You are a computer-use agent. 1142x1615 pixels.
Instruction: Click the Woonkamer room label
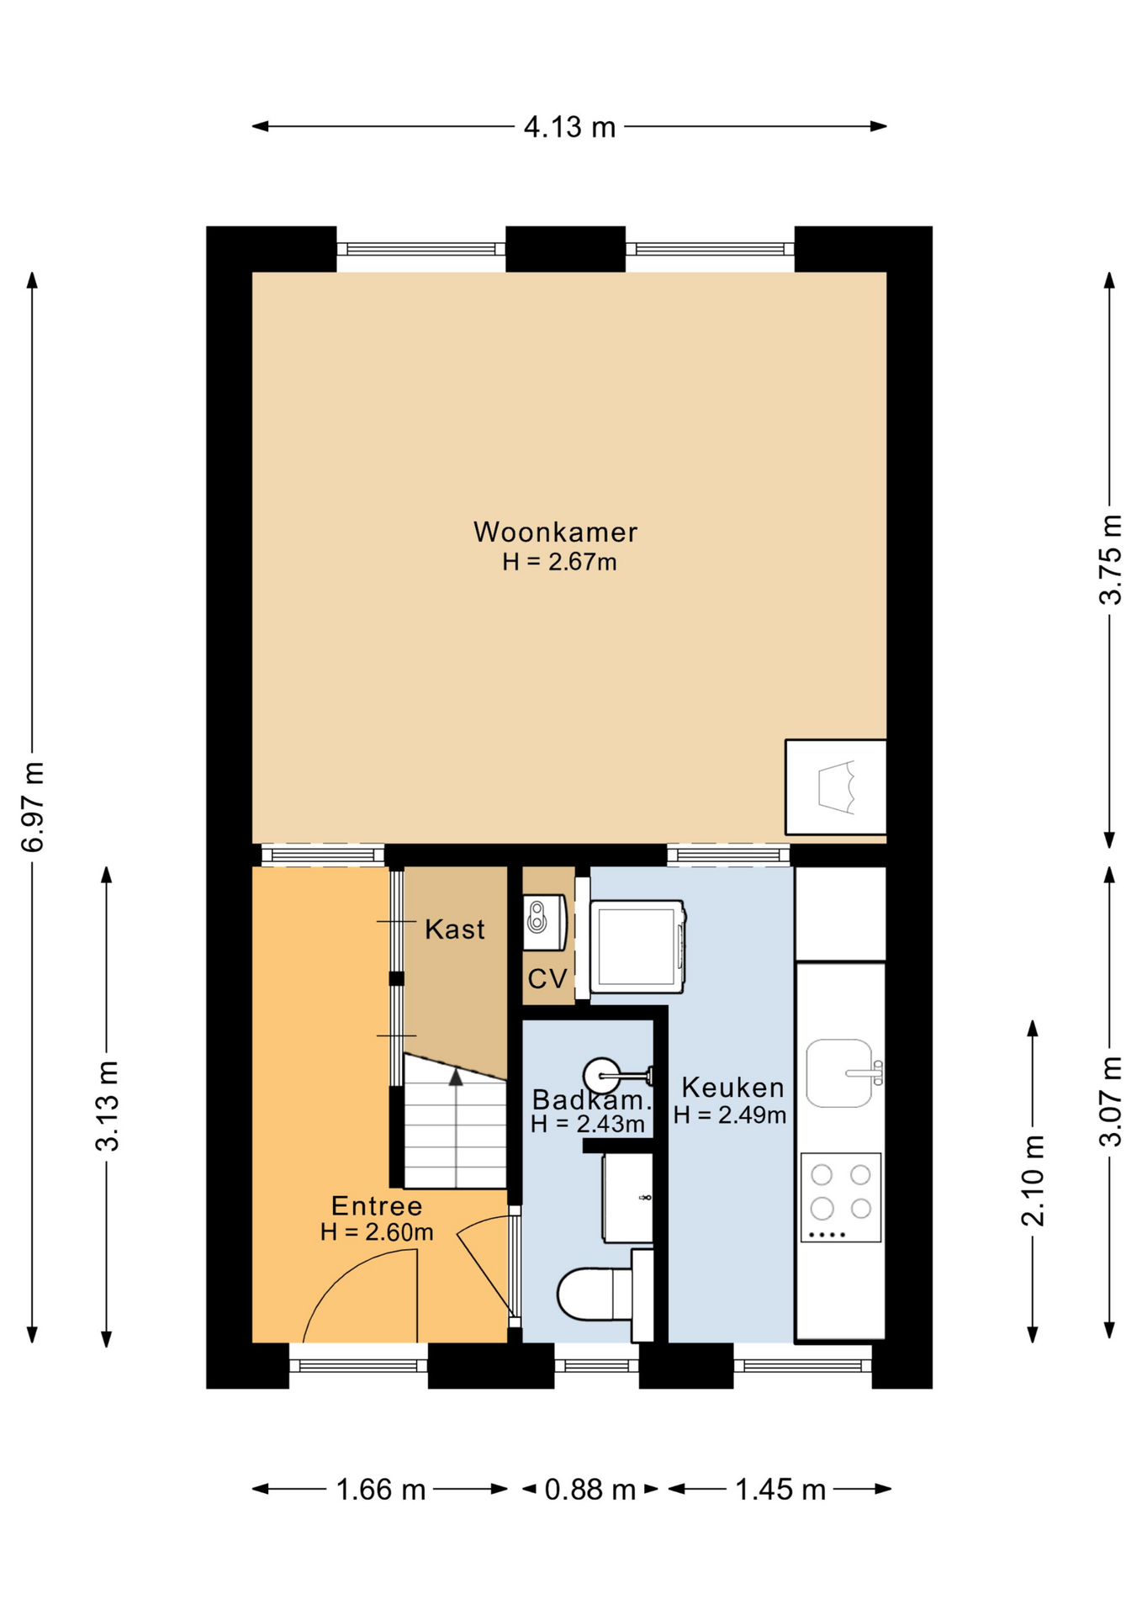pyautogui.click(x=555, y=532)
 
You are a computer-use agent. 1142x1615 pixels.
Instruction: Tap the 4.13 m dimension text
pyautogui.click(x=569, y=127)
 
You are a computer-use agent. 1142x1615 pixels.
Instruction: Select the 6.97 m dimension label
pyautogui.click(x=33, y=807)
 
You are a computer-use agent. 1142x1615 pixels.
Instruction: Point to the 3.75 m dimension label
pyautogui.click(x=1110, y=559)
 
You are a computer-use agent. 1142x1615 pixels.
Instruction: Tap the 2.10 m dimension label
pyautogui.click(x=1033, y=1180)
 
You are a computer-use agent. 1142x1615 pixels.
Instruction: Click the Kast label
pyautogui.click(x=455, y=929)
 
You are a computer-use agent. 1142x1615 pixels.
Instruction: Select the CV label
pyautogui.click(x=547, y=978)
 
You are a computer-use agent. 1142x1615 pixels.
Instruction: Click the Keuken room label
pyautogui.click(x=732, y=1088)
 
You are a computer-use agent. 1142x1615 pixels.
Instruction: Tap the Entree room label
pyautogui.click(x=377, y=1206)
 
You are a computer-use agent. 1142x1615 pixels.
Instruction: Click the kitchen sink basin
pyautogui.click(x=839, y=1072)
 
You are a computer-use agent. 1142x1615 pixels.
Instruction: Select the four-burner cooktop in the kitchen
pyautogui.click(x=841, y=1197)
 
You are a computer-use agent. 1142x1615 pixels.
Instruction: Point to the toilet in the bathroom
pyautogui.click(x=595, y=1294)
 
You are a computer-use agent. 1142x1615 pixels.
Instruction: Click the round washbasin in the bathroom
pyautogui.click(x=602, y=1075)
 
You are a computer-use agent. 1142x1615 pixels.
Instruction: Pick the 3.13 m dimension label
pyautogui.click(x=108, y=1106)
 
